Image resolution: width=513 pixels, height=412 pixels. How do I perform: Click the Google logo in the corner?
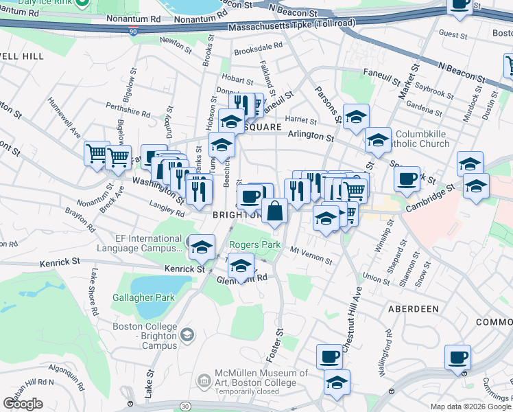(x=23, y=404)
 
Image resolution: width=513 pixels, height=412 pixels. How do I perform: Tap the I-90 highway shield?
(x=132, y=31)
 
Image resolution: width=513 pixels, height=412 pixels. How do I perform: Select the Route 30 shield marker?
(x=186, y=407)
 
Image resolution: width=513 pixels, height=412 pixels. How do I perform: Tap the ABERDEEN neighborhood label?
(x=413, y=309)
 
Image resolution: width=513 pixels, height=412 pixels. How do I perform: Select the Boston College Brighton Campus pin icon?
(x=186, y=334)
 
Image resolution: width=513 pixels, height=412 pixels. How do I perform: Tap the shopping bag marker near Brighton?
(x=274, y=211)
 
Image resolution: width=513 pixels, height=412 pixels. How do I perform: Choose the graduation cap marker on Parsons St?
(x=356, y=117)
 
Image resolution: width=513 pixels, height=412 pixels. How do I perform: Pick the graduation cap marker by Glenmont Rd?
(x=241, y=266)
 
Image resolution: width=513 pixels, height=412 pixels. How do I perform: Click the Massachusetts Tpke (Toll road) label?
(x=291, y=24)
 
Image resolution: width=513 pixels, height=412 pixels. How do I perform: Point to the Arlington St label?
(x=310, y=137)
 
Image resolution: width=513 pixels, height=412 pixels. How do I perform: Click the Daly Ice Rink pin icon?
(x=81, y=3)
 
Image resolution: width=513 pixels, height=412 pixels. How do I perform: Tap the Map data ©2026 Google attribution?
(x=471, y=407)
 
